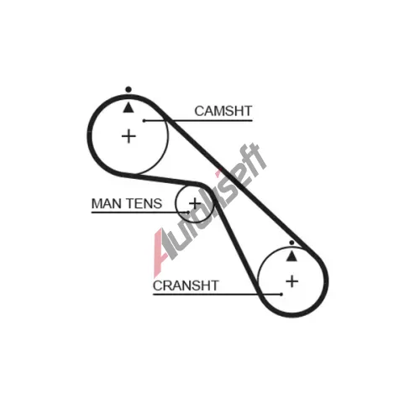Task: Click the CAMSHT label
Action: pyautogui.click(x=223, y=111)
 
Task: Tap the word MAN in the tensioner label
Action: pyautogui.click(x=106, y=203)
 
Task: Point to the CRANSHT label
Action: pyautogui.click(x=186, y=286)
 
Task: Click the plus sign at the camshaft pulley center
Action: pyautogui.click(x=129, y=136)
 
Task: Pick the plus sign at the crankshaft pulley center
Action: pyautogui.click(x=292, y=281)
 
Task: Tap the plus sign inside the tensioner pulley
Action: pyautogui.click(x=195, y=203)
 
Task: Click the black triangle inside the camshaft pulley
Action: pyautogui.click(x=129, y=108)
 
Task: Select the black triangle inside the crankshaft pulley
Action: pyautogui.click(x=291, y=256)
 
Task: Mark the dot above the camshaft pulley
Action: pyautogui.click(x=129, y=90)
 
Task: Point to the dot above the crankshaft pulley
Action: pyautogui.click(x=291, y=243)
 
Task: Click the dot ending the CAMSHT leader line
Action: pyautogui.click(x=144, y=121)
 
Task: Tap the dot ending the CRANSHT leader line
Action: pyautogui.click(x=281, y=294)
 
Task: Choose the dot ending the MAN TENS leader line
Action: pyautogui.click(x=188, y=213)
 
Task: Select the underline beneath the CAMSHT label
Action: pyautogui.click(x=198, y=121)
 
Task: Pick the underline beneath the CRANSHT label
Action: pyautogui.click(x=217, y=294)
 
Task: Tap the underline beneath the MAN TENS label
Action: pyautogui.click(x=140, y=213)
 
